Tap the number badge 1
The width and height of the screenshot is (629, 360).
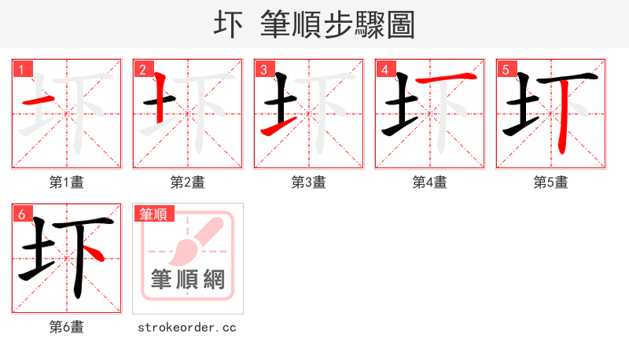tap(21, 69)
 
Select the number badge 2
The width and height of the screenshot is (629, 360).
tap(142, 69)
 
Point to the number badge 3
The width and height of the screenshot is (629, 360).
tap(263, 69)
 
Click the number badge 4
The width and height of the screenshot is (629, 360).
tap(384, 69)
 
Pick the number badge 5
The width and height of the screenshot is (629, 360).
tap(506, 69)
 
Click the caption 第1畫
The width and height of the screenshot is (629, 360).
tap(66, 182)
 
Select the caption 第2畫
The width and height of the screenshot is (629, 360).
tap(187, 182)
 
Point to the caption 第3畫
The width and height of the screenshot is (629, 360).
tap(308, 182)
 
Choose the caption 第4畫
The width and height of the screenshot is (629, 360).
tap(429, 182)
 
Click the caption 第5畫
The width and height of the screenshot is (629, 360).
tap(550, 182)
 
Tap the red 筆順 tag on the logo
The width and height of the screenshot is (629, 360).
tap(153, 213)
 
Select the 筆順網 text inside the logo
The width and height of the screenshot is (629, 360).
tap(188, 280)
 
